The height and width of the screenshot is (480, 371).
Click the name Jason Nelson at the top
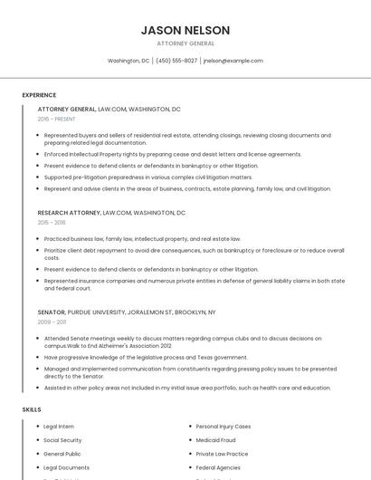(185, 31)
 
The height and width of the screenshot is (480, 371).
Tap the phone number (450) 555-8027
(176, 61)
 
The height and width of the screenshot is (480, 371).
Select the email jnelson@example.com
(233, 61)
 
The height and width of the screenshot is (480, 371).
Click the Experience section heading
(39, 95)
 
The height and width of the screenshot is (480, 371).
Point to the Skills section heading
(32, 409)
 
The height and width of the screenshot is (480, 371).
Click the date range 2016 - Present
(57, 119)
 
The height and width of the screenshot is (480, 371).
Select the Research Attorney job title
(69, 213)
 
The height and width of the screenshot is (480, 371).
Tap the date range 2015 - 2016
(52, 222)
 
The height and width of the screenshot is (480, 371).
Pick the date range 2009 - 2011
(52, 322)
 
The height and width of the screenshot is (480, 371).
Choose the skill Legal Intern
(59, 426)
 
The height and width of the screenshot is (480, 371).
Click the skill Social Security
(62, 440)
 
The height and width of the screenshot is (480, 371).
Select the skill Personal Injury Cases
(224, 426)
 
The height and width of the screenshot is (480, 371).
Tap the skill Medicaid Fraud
(215, 440)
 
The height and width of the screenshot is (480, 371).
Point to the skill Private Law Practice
(222, 454)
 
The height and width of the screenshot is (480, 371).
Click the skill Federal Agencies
(217, 467)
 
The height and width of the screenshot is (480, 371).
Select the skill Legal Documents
(66, 467)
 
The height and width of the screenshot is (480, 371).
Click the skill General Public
(62, 454)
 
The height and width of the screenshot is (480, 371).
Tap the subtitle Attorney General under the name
(185, 43)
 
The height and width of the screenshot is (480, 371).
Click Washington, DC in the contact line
(128, 61)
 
